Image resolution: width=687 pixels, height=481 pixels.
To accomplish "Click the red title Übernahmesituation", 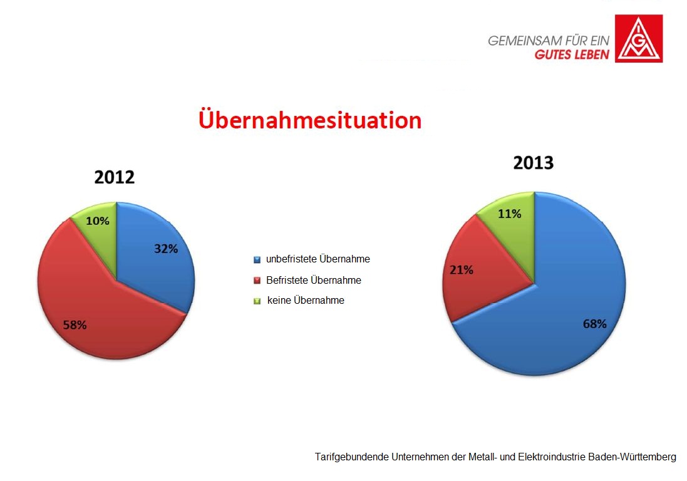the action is (x=310, y=120).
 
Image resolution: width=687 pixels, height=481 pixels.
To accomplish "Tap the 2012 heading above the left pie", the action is (x=115, y=177).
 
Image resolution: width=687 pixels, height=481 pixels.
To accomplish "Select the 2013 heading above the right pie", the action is (x=533, y=162).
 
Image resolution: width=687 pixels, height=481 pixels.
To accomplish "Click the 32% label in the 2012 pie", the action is (x=166, y=249).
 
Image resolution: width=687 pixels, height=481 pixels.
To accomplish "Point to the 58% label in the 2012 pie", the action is (x=75, y=325).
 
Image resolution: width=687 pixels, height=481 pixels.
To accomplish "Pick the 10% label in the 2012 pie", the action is (x=97, y=221).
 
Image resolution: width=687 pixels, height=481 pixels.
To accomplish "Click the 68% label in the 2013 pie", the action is (x=594, y=324).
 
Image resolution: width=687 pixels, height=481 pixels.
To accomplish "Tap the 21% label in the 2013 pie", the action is (x=462, y=270).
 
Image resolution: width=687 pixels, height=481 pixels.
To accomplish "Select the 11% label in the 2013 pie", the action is (x=510, y=214).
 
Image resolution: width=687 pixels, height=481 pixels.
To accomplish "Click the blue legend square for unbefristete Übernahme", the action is (x=257, y=260).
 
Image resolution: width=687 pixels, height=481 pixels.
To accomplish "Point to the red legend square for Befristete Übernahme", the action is (x=257, y=281).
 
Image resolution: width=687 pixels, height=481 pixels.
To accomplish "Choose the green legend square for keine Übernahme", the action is (x=257, y=301).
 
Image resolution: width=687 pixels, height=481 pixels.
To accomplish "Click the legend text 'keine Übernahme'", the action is (x=306, y=301).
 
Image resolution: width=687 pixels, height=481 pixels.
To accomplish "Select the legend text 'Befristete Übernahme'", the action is (x=314, y=281).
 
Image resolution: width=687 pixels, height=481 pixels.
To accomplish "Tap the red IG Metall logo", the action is (x=639, y=39).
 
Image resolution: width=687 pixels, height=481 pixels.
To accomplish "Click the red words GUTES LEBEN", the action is (x=572, y=54).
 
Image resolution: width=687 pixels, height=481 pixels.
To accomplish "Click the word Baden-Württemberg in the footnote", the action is (x=633, y=457).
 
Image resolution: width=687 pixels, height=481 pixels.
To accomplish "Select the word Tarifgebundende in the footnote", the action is (x=352, y=457).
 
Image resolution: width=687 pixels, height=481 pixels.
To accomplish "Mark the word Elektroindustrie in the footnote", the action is (x=552, y=457).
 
